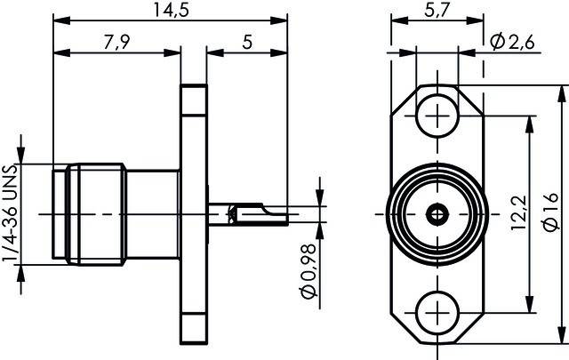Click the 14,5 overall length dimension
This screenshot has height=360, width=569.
click(x=170, y=11)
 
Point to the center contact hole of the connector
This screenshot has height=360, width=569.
click(x=436, y=213)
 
